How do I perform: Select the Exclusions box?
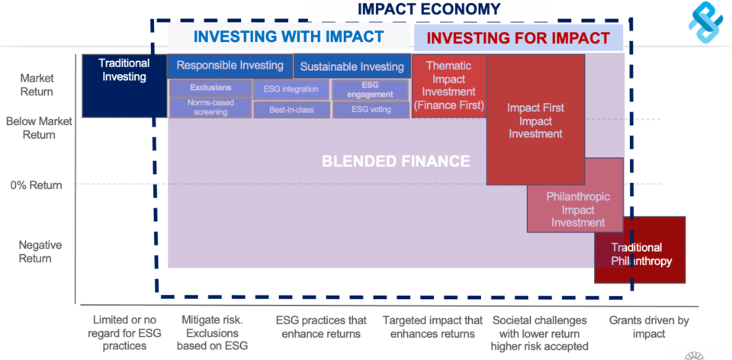[210, 88]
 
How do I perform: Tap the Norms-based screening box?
[210, 108]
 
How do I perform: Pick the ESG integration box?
[291, 89]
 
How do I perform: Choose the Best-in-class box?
[291, 110]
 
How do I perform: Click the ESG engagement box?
[370, 89]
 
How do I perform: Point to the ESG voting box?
[370, 110]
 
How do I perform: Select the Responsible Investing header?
[230, 66]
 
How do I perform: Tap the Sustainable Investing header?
[352, 66]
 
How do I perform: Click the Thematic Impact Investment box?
[448, 85]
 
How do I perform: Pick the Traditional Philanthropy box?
[641, 254]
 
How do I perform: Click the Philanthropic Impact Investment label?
[577, 209]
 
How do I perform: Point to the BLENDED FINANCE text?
[396, 161]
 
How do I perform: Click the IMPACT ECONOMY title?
[429, 9]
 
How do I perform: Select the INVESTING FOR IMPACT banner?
[518, 37]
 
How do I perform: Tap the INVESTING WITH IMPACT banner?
[288, 37]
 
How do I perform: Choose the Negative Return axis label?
[36, 252]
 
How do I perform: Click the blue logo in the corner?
[705, 23]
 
